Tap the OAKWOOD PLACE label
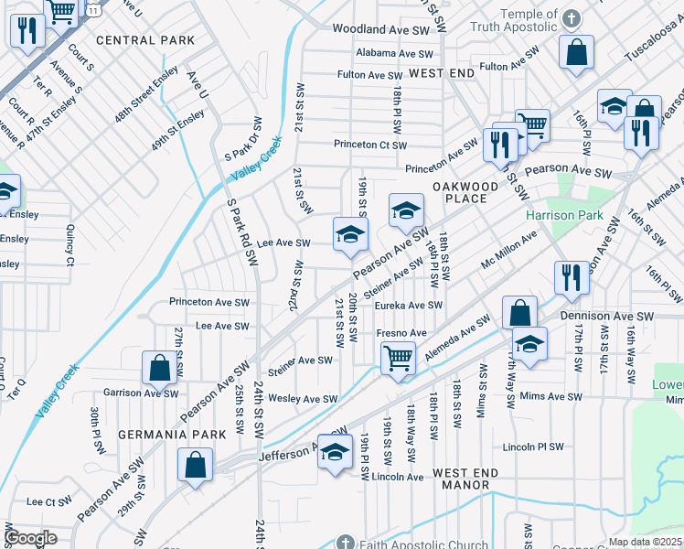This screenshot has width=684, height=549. point(465,193)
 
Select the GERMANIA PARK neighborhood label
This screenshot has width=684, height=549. point(158,433)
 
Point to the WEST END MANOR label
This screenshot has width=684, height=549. point(465,479)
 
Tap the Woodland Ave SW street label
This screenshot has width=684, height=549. point(380,29)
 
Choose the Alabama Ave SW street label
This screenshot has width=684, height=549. point(392,53)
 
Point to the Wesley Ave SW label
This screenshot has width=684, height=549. point(303,399)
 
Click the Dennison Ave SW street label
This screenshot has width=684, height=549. point(607,316)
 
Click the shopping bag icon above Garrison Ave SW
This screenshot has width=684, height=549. point(159,368)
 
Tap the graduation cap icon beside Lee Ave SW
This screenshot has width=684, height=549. point(349,234)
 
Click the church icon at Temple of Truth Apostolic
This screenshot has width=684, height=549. point(572,18)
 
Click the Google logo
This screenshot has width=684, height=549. point(30,538)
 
